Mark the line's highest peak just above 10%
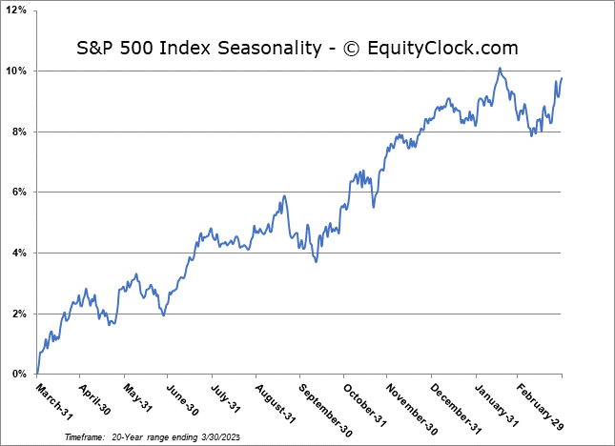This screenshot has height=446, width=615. click(x=499, y=68)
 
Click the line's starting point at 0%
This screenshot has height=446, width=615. click(x=36, y=374)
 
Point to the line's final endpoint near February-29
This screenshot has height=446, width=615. click(x=562, y=78)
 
